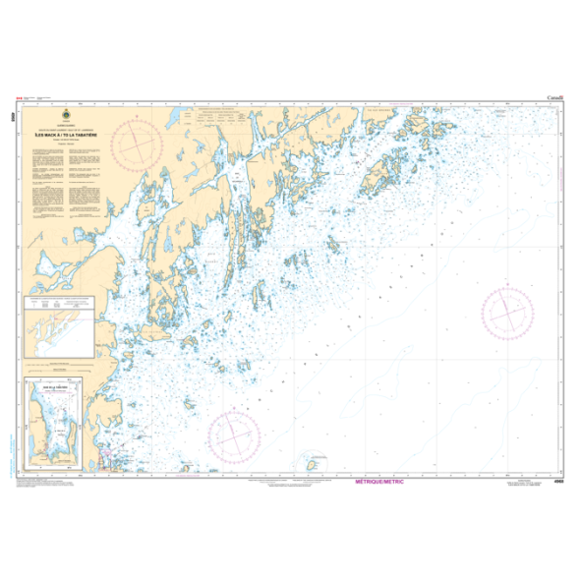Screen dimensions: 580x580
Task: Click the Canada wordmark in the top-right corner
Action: point(554,98)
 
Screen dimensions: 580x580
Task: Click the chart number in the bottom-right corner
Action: point(558,480)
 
